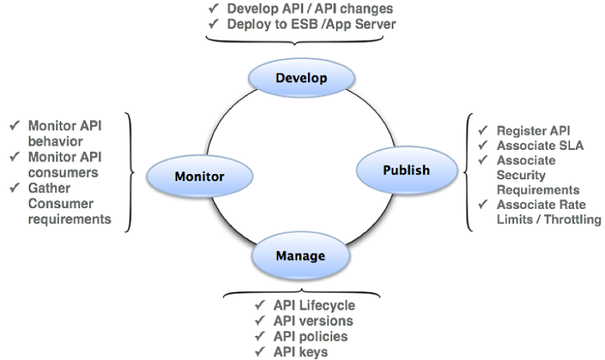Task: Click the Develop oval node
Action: pos(301,78)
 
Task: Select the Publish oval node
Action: pos(406,170)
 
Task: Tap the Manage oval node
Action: pos(299,254)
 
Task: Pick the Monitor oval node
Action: pos(199,176)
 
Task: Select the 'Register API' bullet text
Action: pos(534,130)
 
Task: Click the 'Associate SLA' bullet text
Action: pos(540,145)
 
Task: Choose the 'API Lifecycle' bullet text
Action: pos(313,306)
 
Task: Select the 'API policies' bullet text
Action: pos(309,336)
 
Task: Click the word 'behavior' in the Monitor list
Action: pos(54,140)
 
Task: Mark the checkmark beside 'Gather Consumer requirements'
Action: pos(15,188)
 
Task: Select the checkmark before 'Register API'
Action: pos(483,130)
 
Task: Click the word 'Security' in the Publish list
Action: pos(521,175)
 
